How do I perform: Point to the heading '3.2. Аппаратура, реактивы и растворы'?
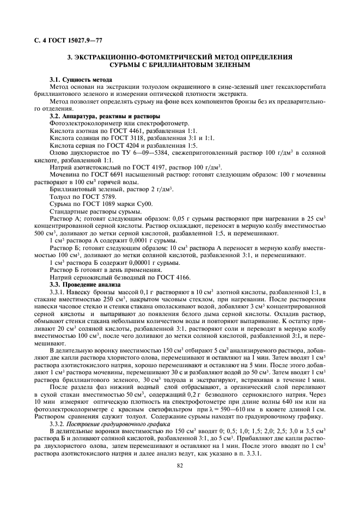[x=105, y=116]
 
